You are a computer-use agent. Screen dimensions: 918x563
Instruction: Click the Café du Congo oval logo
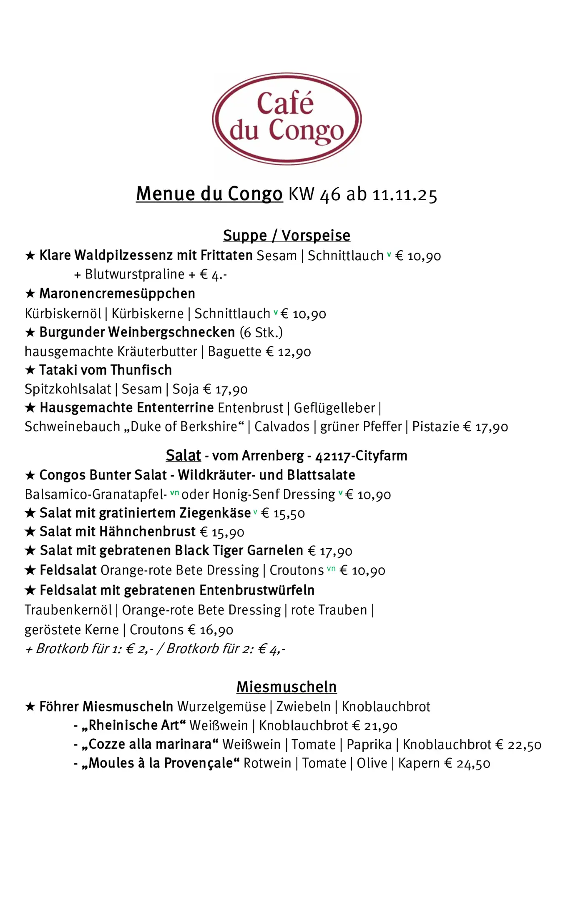pyautogui.click(x=287, y=119)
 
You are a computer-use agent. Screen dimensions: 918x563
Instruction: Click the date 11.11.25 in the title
pyautogui.click(x=405, y=195)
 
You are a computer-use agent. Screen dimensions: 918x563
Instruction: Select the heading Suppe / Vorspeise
pyautogui.click(x=287, y=236)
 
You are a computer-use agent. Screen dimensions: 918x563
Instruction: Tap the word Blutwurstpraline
pyautogui.click(x=135, y=274)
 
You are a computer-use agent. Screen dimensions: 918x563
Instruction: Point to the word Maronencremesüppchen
pyautogui.click(x=117, y=293)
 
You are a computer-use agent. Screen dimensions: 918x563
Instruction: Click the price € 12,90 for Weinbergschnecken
pyautogui.click(x=289, y=352)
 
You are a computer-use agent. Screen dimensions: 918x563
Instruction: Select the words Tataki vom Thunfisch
pyautogui.click(x=106, y=370)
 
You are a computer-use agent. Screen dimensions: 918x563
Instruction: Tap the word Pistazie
pyautogui.click(x=435, y=427)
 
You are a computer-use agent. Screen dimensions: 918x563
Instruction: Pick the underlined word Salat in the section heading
pyautogui.click(x=183, y=455)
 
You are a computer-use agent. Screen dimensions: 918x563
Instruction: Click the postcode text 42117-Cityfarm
pyautogui.click(x=361, y=456)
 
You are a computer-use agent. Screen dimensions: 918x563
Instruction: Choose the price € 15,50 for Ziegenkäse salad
pyautogui.click(x=283, y=513)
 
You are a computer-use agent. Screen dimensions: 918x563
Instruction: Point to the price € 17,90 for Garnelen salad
pyautogui.click(x=330, y=551)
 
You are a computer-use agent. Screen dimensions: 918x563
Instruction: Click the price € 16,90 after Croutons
pyautogui.click(x=211, y=630)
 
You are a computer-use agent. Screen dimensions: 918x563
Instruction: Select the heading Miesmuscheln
pyautogui.click(x=287, y=687)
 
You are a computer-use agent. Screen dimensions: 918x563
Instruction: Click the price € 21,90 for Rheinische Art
pyautogui.click(x=375, y=726)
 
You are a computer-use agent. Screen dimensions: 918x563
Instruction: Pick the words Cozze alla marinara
pyautogui.click(x=151, y=745)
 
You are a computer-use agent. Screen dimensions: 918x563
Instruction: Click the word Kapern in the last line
pyautogui.click(x=419, y=763)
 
